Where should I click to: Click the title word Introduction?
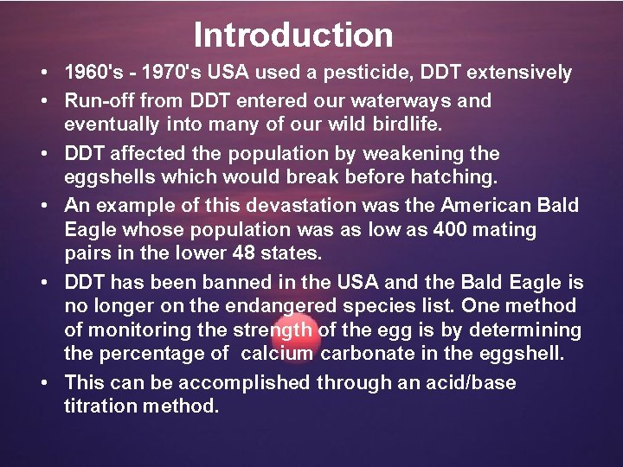[x=293, y=35]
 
